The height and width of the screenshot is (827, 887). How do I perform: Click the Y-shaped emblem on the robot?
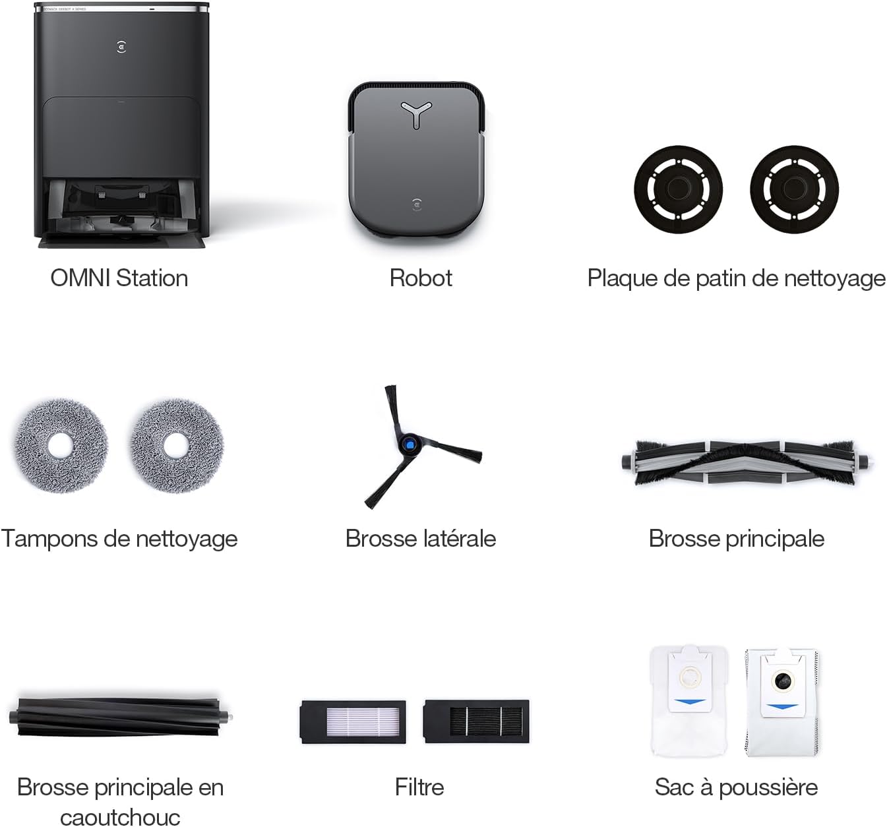pyautogui.click(x=416, y=111)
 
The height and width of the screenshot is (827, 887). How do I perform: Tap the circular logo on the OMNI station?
pyautogui.click(x=121, y=47)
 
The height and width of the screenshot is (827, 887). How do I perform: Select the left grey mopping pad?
pyautogui.click(x=60, y=446)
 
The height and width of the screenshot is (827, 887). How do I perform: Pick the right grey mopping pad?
pyautogui.click(x=177, y=446)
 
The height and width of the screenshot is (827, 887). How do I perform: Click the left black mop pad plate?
pyautogui.click(x=678, y=189)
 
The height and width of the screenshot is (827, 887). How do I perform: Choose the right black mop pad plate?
pyautogui.click(x=794, y=189)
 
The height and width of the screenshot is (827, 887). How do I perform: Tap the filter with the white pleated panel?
pyautogui.click(x=353, y=721)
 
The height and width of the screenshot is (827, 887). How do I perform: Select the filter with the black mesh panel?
pyautogui.click(x=477, y=721)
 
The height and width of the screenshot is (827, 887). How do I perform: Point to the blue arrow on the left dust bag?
pyautogui.click(x=690, y=703)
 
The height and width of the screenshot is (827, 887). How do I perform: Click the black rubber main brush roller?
pyautogui.click(x=121, y=718)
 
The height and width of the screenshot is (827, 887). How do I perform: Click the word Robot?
pyautogui.click(x=421, y=278)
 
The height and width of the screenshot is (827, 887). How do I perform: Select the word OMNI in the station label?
pyautogui.click(x=80, y=278)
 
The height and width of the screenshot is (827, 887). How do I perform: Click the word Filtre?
pyautogui.click(x=419, y=787)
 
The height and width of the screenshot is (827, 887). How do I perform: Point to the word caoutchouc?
pyautogui.click(x=120, y=818)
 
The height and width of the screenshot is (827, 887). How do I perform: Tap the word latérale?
pyautogui.click(x=459, y=538)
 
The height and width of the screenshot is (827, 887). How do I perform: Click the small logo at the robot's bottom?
pyautogui.click(x=417, y=204)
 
